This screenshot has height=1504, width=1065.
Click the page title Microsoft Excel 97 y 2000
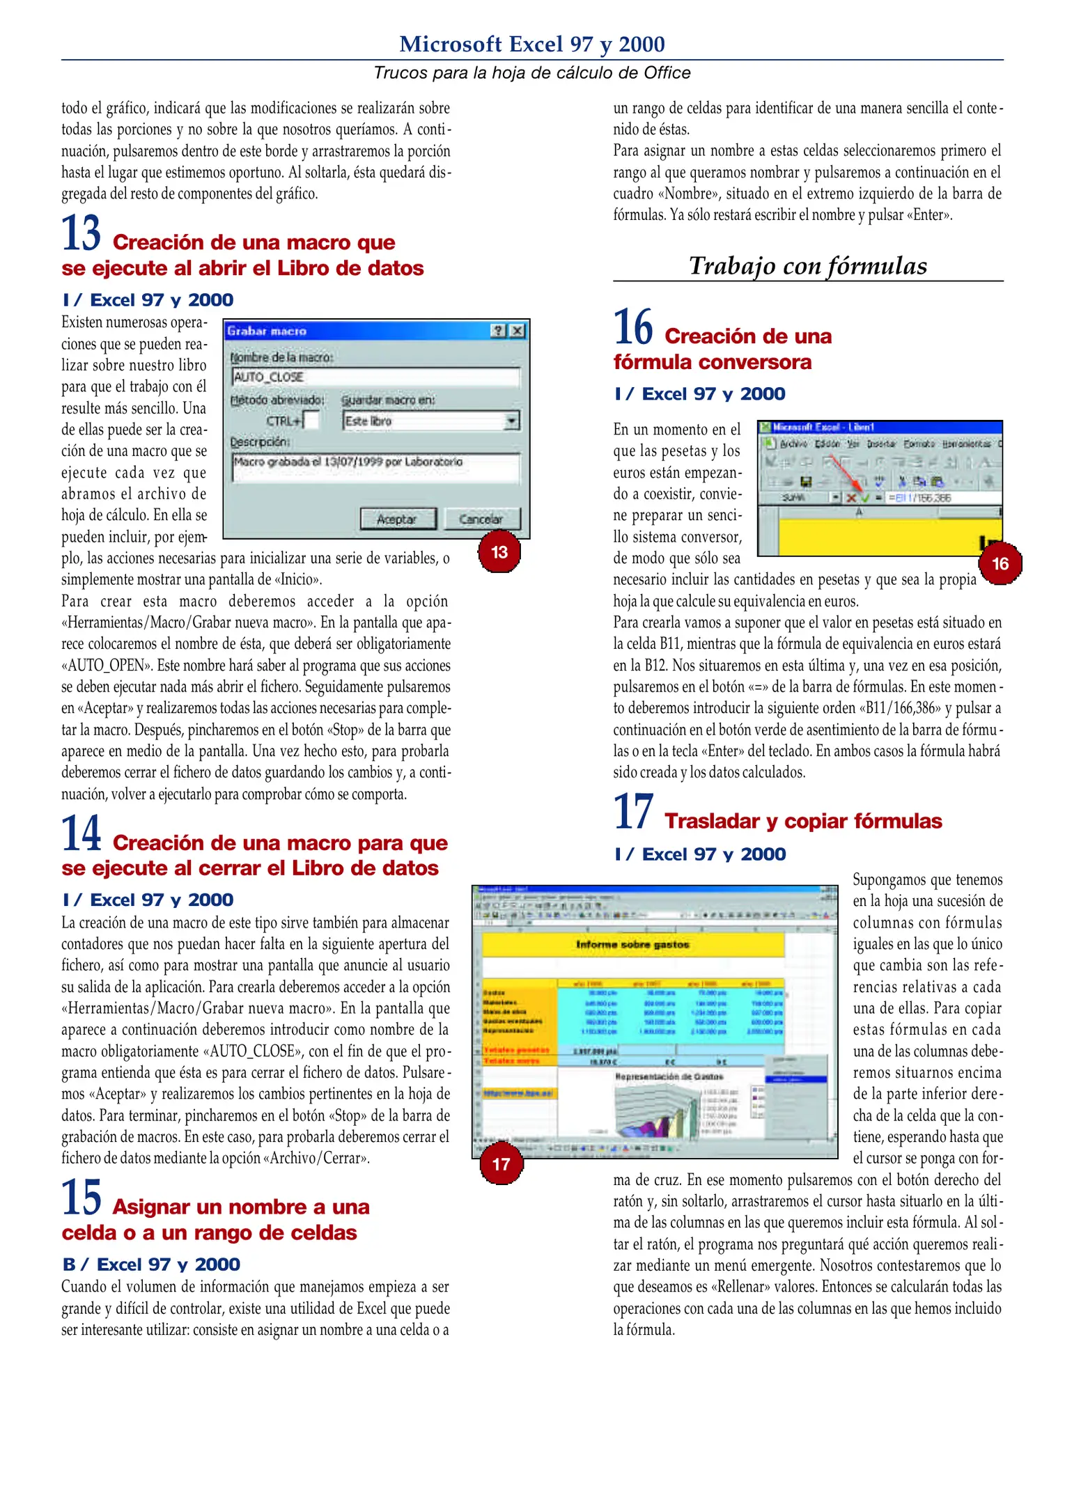point(532,44)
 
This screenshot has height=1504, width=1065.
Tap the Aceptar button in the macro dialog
point(398,519)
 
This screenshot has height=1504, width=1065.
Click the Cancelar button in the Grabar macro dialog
point(481,519)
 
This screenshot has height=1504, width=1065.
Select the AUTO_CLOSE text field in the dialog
point(376,377)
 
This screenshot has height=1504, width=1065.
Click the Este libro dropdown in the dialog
point(431,421)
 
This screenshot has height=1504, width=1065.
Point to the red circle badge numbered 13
point(499,552)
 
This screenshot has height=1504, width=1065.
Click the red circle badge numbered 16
point(1000,563)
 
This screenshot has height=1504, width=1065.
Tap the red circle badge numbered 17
point(501,1164)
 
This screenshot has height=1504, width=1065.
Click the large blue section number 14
point(81,833)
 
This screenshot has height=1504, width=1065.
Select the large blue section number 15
point(81,1198)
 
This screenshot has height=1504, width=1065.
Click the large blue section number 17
point(633,812)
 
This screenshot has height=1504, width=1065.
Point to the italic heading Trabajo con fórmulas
point(808,265)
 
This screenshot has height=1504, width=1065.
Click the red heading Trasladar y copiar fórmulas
point(803,821)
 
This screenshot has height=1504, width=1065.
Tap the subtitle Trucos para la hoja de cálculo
point(532,72)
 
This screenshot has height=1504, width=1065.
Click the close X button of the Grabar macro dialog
point(517,331)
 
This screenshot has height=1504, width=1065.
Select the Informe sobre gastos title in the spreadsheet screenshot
point(632,944)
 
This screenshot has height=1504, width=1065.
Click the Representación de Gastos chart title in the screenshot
point(669,1076)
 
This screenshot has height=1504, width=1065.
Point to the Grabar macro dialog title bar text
point(267,331)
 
